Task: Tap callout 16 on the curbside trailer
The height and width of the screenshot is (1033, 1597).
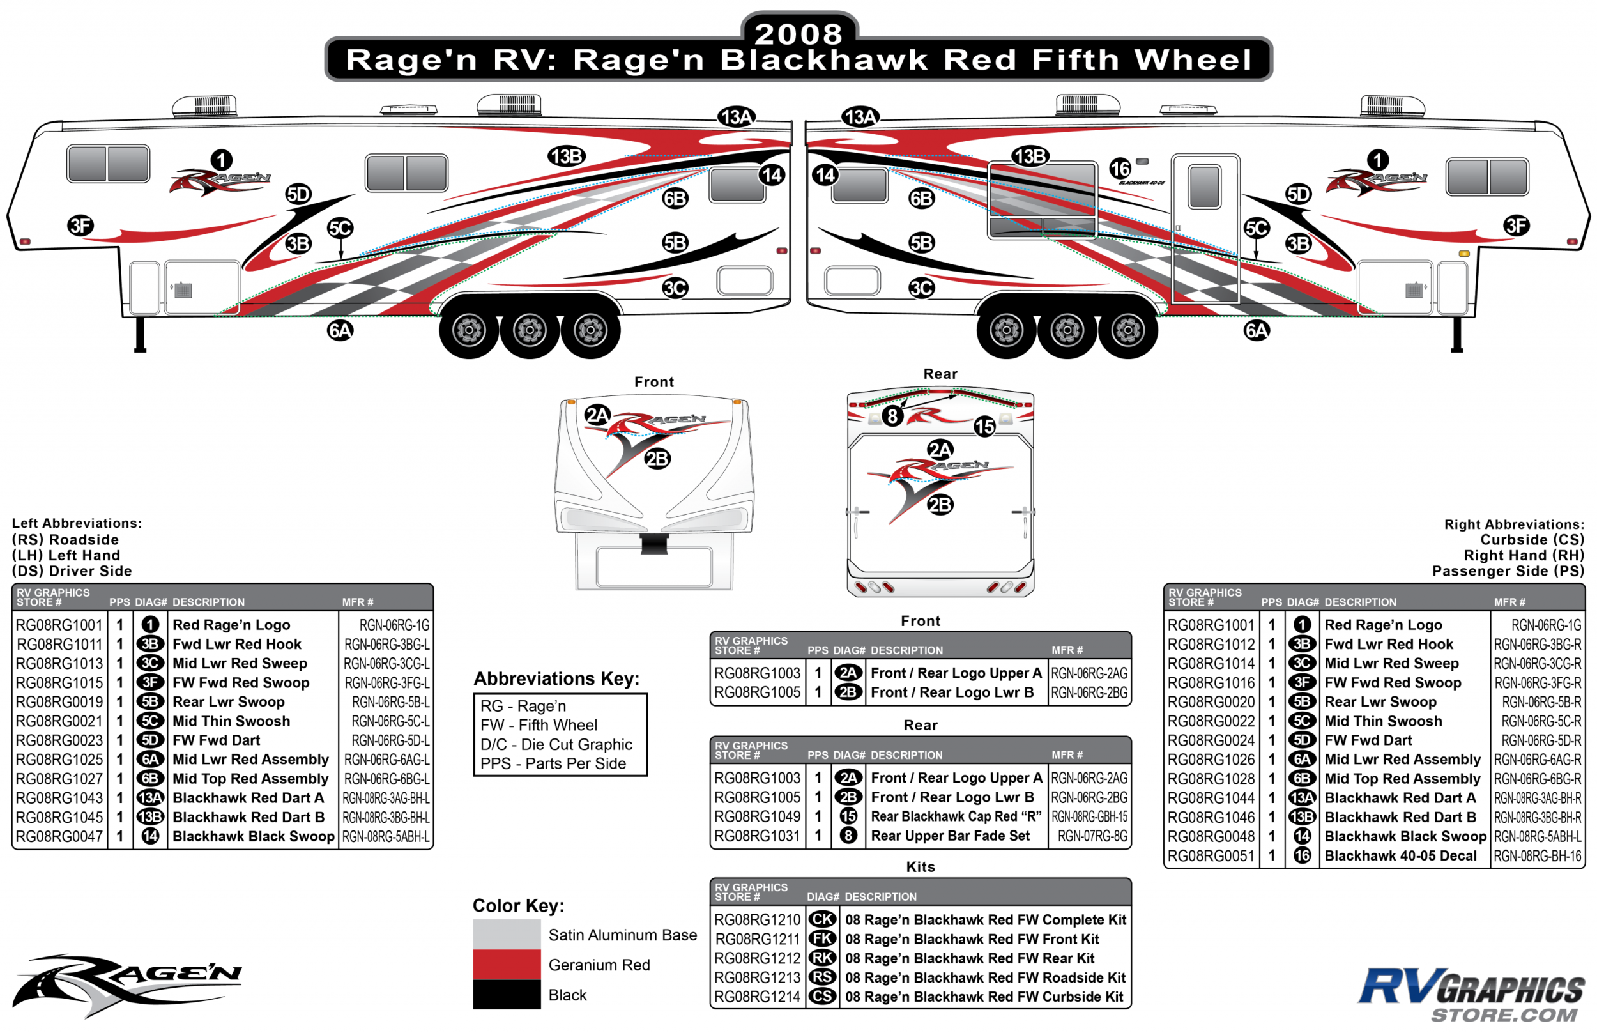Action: click(x=1119, y=169)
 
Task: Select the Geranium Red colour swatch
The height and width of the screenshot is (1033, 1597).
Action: click(x=507, y=964)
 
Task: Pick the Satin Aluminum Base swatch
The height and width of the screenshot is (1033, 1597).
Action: click(x=507, y=934)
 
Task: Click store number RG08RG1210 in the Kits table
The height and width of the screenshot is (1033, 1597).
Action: click(x=756, y=920)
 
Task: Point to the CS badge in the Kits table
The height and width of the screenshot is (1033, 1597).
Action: click(x=822, y=997)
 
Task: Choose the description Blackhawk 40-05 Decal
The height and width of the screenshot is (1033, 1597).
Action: click(x=1400, y=856)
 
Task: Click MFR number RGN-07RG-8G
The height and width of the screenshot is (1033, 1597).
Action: click(x=1092, y=836)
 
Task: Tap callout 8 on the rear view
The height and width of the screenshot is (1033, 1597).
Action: click(x=891, y=416)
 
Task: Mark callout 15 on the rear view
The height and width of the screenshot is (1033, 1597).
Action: click(x=984, y=426)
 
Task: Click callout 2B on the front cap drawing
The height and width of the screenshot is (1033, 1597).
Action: click(x=657, y=459)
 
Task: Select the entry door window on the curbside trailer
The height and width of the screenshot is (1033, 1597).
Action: click(x=1204, y=187)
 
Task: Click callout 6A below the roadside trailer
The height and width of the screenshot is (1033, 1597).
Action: click(x=340, y=330)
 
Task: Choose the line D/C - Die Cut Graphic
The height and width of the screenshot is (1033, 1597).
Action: click(x=556, y=745)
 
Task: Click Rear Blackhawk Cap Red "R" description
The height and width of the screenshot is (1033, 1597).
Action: click(x=956, y=816)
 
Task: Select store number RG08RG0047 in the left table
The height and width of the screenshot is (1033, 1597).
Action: click(x=59, y=836)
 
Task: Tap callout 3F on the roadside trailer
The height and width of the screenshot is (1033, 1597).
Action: click(x=80, y=226)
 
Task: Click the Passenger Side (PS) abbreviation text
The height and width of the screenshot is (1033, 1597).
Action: click(x=1508, y=571)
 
